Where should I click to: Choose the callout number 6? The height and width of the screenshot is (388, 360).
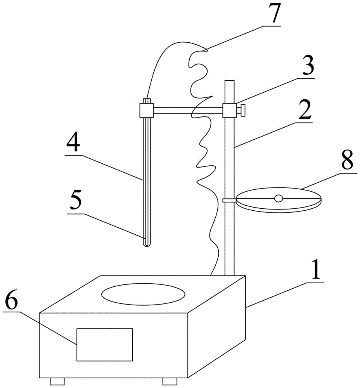click(12, 300)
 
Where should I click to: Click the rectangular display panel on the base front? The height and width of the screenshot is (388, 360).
click(105, 345)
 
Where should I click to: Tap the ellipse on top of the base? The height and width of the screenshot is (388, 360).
click(143, 294)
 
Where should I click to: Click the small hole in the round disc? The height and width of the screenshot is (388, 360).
click(279, 198)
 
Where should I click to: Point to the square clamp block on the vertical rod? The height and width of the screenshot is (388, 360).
click(229, 110)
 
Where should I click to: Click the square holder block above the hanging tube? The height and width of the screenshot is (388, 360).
click(147, 110)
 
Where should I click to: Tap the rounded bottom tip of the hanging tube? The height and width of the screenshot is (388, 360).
click(147, 245)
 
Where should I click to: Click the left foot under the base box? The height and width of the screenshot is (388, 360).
click(57, 381)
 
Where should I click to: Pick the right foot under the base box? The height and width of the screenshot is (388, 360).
click(170, 381)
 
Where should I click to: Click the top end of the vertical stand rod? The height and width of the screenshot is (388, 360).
click(229, 80)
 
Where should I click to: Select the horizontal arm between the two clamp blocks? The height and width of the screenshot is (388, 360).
click(188, 110)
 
